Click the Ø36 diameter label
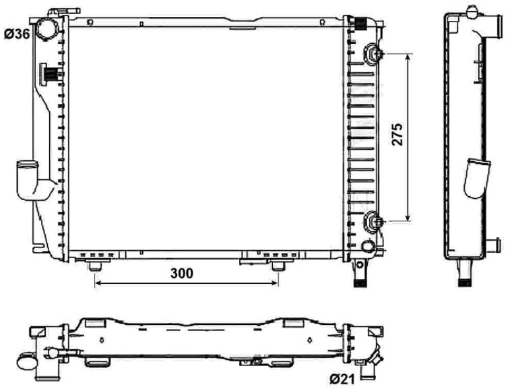pyautogui.click(x=17, y=34)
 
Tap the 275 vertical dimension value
pyautogui.click(x=398, y=134)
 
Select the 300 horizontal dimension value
pyautogui.click(x=182, y=274)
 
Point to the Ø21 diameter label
pyautogui.click(x=342, y=378)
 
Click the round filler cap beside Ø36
pyautogui.click(x=45, y=28)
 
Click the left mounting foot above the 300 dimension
pyautogui.click(x=95, y=266)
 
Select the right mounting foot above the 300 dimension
pyautogui.click(x=278, y=266)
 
